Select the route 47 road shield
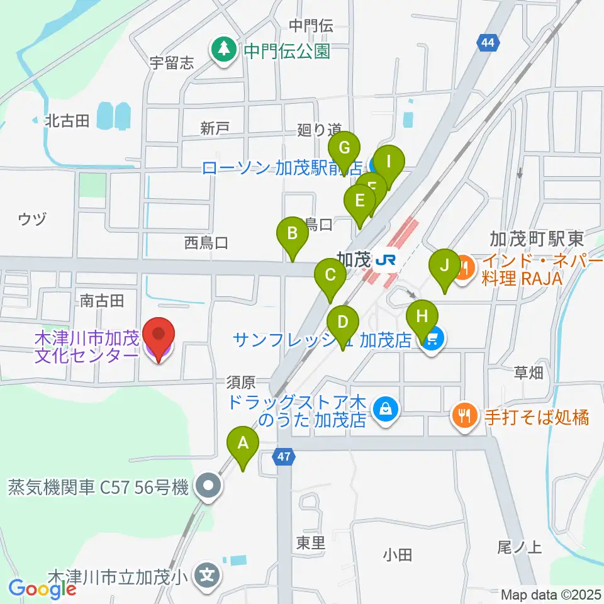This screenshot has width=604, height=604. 284,458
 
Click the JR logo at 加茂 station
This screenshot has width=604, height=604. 384,259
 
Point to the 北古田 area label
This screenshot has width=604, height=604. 67,120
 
